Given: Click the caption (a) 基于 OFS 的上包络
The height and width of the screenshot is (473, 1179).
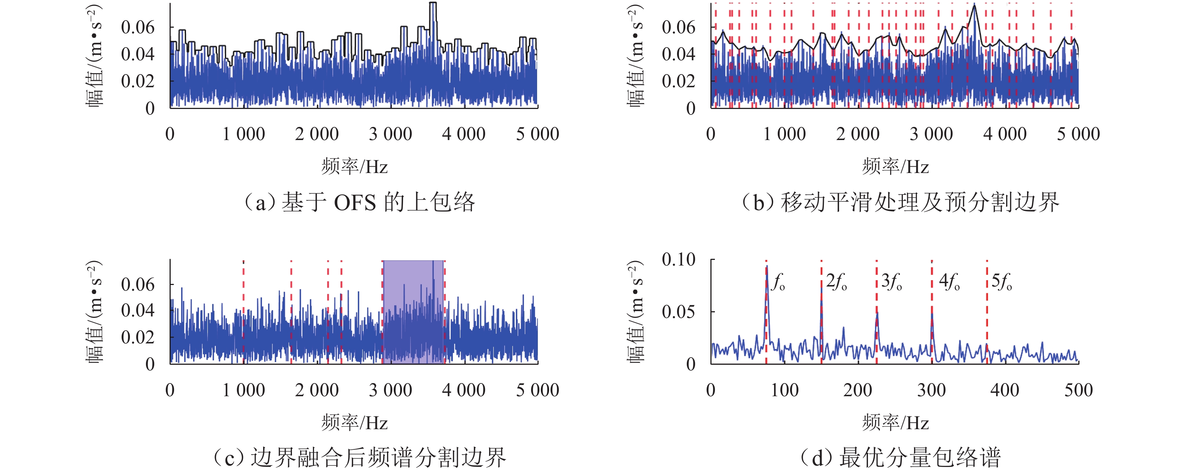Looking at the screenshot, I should pos(360,202).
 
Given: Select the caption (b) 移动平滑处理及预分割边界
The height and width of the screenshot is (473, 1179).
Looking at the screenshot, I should pos(900,202).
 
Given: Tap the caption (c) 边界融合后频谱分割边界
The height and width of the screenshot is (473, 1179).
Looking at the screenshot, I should pos(360,457).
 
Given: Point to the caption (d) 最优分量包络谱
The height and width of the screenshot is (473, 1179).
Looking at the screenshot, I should pos(900,457).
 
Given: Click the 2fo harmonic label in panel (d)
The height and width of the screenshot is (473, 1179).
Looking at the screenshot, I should pos(836,282).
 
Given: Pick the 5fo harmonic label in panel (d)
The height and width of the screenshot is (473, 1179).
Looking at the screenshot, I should pos(1002,282).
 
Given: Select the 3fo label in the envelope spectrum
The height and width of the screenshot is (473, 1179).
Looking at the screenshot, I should pos(892,282).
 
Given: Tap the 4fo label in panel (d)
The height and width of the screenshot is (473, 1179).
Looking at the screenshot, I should pos(949,282).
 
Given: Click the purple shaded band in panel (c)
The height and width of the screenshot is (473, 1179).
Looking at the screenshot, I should pos(413,311).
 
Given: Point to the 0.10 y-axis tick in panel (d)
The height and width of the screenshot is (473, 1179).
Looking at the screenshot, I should pos(678,260).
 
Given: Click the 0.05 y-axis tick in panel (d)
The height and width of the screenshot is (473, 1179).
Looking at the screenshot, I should pos(678,312).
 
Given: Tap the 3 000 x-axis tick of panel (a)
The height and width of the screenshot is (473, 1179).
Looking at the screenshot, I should pos(390,134).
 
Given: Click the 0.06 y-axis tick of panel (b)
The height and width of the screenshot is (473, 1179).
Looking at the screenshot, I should pos(678,27).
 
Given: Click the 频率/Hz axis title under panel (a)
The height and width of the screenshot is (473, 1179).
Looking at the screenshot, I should pos(354,167).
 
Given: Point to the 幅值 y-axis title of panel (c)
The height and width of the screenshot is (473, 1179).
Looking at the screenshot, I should pos(94,311).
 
